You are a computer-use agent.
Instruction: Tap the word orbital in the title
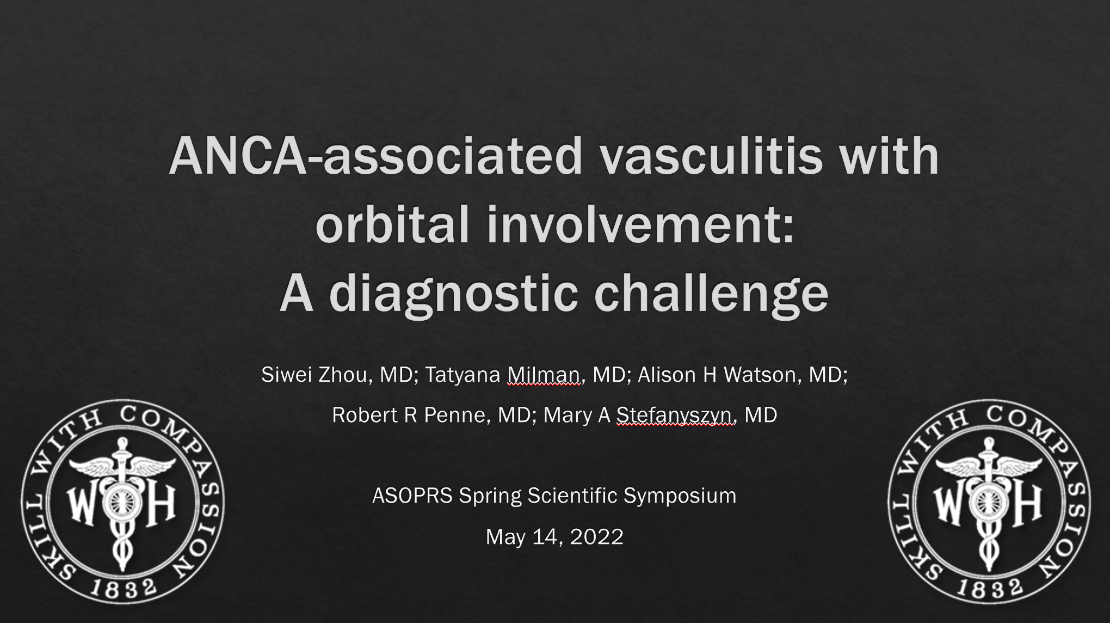click(392, 224)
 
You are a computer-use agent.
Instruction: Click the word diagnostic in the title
click(454, 295)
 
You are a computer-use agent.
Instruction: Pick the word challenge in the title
click(712, 295)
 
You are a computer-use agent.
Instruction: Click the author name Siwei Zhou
click(314, 375)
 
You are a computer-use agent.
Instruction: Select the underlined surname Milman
click(544, 375)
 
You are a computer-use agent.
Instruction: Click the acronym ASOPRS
click(412, 496)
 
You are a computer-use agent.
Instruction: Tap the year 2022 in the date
click(597, 537)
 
